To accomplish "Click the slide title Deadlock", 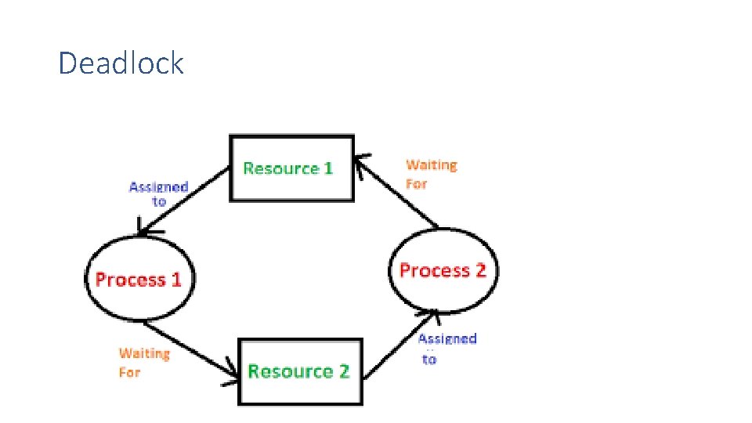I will pos(121,63).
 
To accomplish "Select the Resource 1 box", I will pos(291,168).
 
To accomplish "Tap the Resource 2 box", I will pos(300,371).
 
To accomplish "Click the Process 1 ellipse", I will pos(139,280).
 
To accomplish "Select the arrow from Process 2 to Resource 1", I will pos(396,192).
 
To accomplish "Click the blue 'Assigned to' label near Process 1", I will pos(158,193).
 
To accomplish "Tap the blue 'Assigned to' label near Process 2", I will pos(446,348).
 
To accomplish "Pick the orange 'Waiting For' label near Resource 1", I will pos(430,174).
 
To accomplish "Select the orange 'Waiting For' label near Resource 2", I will pos(143,362).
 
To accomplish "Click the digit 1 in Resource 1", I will pos(327,168).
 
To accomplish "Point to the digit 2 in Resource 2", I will pos(343,371).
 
